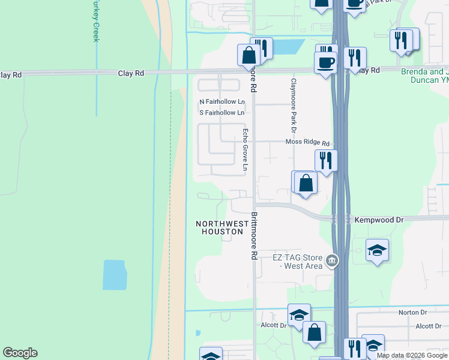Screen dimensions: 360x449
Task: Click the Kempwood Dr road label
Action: [x=379, y=220]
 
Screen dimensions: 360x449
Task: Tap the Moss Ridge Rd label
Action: [x=307, y=143]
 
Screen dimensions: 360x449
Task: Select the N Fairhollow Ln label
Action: [x=221, y=102]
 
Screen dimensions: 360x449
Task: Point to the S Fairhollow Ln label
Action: [x=221, y=112]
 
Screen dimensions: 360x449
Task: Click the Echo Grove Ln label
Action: [x=245, y=150]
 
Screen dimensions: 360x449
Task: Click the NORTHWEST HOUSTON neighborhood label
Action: [x=222, y=227]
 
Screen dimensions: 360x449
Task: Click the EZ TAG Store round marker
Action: [x=332, y=261]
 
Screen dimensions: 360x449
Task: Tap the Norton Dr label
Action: [x=412, y=313]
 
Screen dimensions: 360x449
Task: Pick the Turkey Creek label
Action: [x=95, y=21]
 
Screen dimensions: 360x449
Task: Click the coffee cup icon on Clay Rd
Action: [x=326, y=62]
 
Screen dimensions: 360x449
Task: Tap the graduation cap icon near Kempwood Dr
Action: [x=377, y=250]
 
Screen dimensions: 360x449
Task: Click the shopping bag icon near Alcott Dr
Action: [x=314, y=332]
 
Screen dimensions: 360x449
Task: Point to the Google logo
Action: [x=20, y=353]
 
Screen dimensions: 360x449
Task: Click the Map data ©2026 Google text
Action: [x=412, y=355]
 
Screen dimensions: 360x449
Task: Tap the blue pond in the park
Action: [x=115, y=275]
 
